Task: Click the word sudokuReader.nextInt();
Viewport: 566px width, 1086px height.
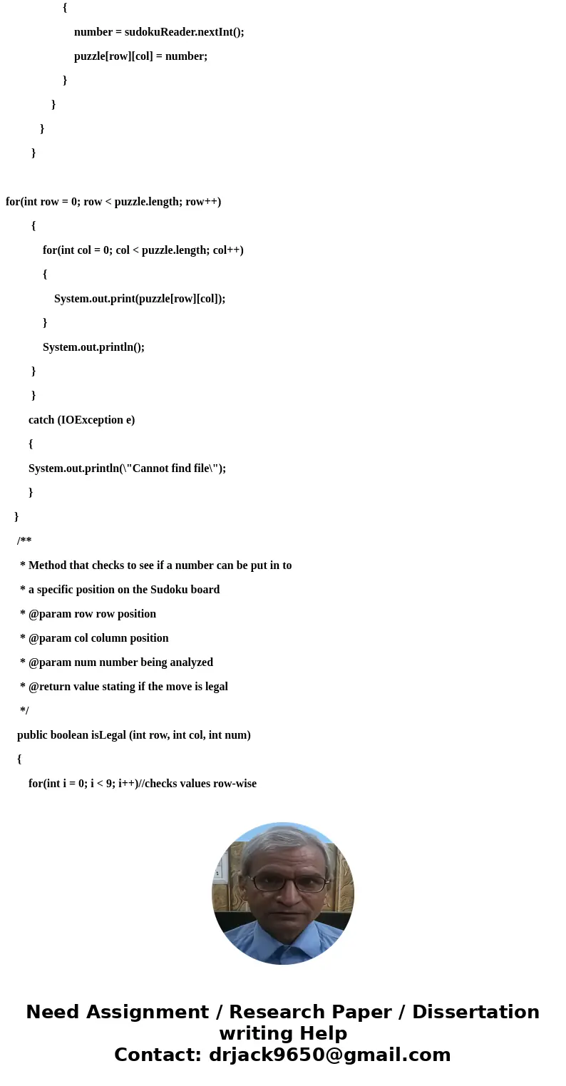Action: pyautogui.click(x=184, y=32)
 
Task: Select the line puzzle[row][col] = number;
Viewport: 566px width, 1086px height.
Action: pyautogui.click(x=140, y=56)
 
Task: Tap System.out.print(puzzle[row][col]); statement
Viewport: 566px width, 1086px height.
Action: pyautogui.click(x=140, y=299)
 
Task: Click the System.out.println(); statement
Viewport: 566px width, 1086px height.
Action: pyautogui.click(x=93, y=347)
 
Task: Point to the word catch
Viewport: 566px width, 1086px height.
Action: pyautogui.click(x=41, y=420)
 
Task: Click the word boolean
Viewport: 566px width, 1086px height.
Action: pyautogui.click(x=69, y=735)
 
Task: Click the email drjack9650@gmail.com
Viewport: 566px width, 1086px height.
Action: pyautogui.click(x=329, y=1055)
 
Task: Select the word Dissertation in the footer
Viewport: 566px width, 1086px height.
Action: pyautogui.click(x=475, y=1013)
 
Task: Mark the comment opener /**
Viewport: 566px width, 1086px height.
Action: pyautogui.click(x=24, y=541)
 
